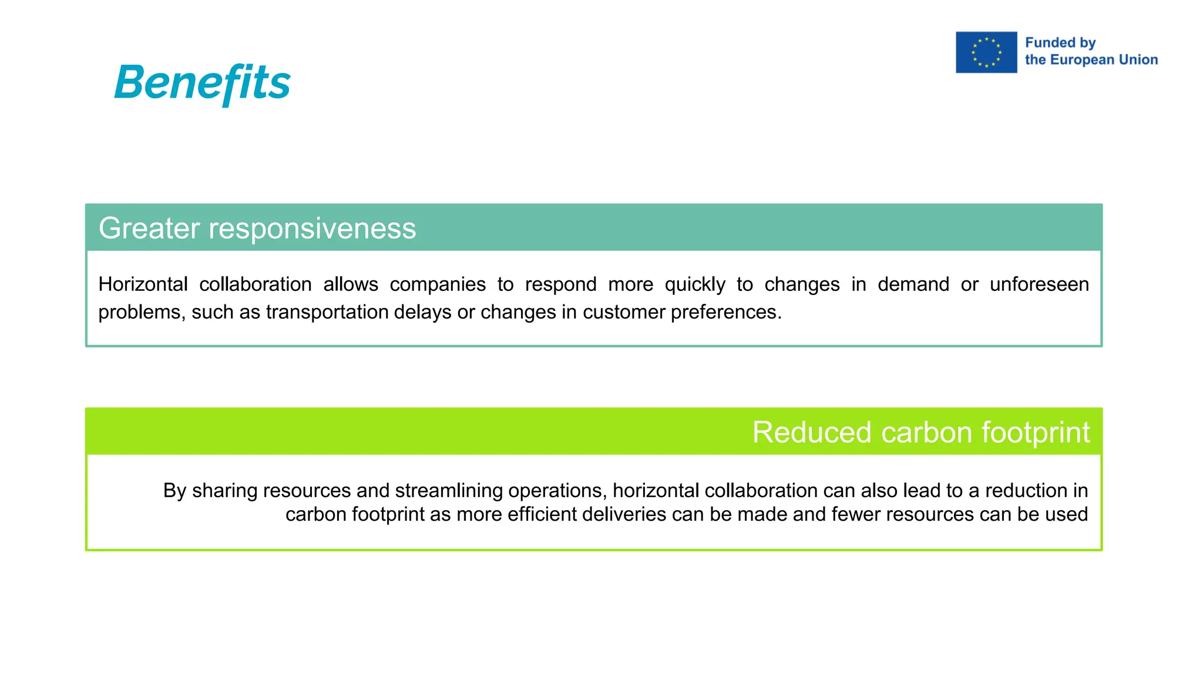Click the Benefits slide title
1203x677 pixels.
pyautogui.click(x=202, y=83)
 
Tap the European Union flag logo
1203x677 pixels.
pyautogui.click(x=986, y=52)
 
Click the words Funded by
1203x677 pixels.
pyautogui.click(x=1060, y=43)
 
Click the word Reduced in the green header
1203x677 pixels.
pyautogui.click(x=812, y=433)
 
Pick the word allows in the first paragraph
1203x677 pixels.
pyautogui.click(x=351, y=284)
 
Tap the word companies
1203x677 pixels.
pyautogui.click(x=438, y=284)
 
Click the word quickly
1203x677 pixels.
pyautogui.click(x=695, y=285)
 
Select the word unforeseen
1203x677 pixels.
pyautogui.click(x=1039, y=284)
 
